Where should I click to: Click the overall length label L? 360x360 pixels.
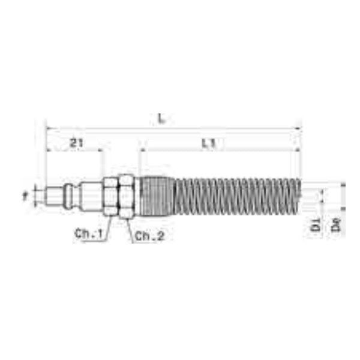tap(161, 119)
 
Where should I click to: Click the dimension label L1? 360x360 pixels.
tap(209, 143)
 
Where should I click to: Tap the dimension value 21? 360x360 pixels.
tap(76, 143)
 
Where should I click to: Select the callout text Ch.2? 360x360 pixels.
tap(149, 236)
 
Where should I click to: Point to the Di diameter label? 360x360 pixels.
tap(314, 226)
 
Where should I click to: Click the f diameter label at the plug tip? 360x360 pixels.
tap(25, 195)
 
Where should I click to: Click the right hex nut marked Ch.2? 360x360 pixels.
tap(125, 196)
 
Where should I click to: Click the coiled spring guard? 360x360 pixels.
tap(234, 196)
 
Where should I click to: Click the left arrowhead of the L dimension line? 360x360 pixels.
tap(49, 128)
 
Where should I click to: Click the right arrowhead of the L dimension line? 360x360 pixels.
tap(298, 128)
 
